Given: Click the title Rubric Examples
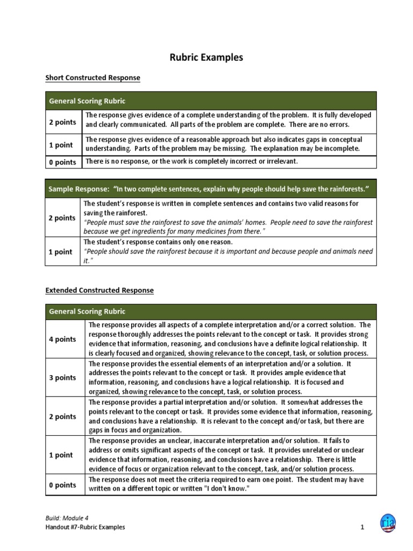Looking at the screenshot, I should [206, 56].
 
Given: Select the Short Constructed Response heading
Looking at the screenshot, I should [92, 78].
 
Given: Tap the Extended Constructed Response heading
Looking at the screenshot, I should [99, 290].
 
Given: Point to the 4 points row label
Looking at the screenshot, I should [62, 339].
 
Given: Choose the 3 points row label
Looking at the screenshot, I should [62, 378].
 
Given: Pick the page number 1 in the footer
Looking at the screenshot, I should [363, 527].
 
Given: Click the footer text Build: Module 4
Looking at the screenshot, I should [67, 518].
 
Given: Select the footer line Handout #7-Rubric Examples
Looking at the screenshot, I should [85, 527].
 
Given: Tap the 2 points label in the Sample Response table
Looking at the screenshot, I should [62, 218].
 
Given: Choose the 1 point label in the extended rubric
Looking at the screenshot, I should [61, 455].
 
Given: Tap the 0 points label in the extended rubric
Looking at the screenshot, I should [62, 485].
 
